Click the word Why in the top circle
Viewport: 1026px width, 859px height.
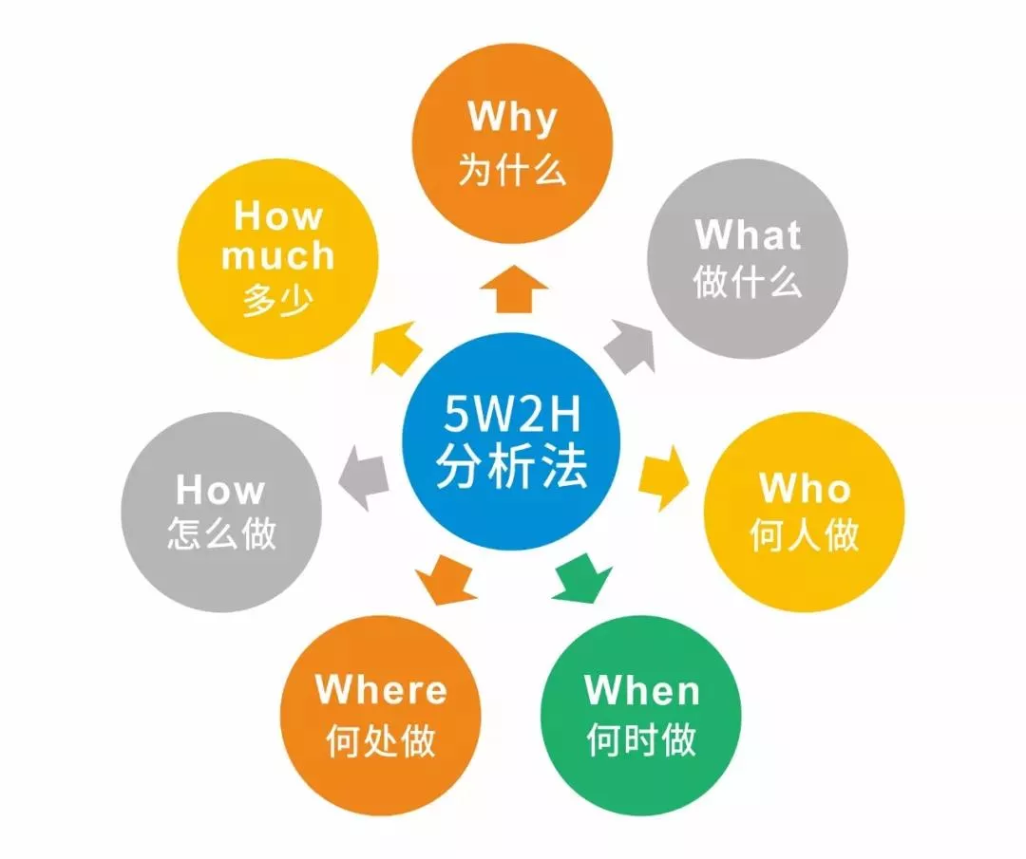[x=512, y=118]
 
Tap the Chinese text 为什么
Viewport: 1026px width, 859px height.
[x=512, y=169]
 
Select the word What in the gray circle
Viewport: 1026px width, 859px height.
[x=748, y=234]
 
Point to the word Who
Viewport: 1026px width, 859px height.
[x=805, y=488]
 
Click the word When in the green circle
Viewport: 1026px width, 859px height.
[x=642, y=690]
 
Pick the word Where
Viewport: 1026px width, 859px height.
[x=381, y=689]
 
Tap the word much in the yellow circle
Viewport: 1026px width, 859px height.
[x=277, y=255]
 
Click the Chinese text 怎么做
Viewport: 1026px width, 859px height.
[x=221, y=534]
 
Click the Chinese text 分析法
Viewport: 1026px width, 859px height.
[x=512, y=468]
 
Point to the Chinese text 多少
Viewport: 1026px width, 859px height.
[x=277, y=302]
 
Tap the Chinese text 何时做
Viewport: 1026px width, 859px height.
[x=642, y=740]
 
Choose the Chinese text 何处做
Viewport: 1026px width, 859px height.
[x=381, y=740]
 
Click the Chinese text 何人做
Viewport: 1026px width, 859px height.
[x=805, y=536]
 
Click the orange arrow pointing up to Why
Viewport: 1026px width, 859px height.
[x=513, y=289]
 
